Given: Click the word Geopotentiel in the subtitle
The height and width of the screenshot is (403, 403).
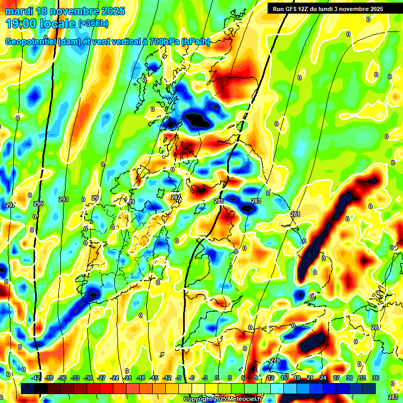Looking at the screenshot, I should point(30,42).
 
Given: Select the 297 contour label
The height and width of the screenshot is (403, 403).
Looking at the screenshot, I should point(10,205).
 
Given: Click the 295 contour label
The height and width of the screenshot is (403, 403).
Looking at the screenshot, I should point(38,204).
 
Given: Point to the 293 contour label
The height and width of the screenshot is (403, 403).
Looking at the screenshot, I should point(63,199).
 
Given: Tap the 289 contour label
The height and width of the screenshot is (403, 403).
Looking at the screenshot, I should point(130,201).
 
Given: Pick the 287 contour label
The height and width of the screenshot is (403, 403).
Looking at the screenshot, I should point(176,197).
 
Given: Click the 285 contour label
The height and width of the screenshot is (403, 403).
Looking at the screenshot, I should point(219,201).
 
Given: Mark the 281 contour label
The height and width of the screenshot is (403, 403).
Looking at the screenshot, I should point(295,214).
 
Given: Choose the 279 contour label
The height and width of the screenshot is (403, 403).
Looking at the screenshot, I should point(275,360).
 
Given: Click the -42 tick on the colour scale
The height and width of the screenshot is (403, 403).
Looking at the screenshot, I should point(36,378).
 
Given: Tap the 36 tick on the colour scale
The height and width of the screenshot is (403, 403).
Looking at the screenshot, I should point(375,378).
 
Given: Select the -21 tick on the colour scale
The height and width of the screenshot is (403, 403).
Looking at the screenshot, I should point(128,378).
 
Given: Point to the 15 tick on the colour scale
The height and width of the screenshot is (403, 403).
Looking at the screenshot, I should point(284,378).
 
